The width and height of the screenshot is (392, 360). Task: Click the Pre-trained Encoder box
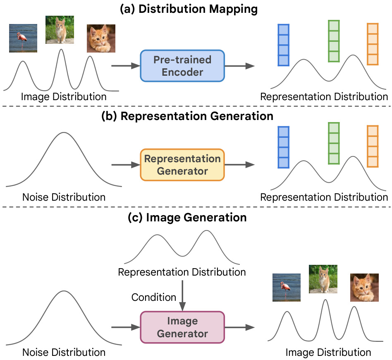click(x=182, y=65)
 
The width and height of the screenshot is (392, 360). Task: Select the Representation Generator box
click(x=182, y=165)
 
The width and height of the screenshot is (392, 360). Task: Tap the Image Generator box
click(x=182, y=327)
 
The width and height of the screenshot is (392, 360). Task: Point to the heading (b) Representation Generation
click(x=187, y=116)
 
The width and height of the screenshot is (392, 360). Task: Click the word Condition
click(x=153, y=297)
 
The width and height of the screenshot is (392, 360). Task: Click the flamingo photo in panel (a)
click(x=23, y=38)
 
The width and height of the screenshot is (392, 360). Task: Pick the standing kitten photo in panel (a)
click(x=60, y=29)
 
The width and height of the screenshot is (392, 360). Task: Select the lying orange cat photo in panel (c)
click(x=364, y=287)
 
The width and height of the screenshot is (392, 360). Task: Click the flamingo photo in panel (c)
click(x=286, y=287)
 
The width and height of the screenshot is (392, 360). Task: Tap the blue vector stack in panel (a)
click(x=283, y=45)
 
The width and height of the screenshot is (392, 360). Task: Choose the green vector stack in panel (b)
click(x=334, y=142)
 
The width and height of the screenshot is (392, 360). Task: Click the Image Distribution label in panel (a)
click(x=64, y=97)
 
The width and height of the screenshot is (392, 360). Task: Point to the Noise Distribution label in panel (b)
click(x=64, y=197)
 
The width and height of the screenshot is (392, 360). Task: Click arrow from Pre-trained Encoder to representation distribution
click(x=239, y=65)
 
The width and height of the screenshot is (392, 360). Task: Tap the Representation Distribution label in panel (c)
click(x=182, y=272)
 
